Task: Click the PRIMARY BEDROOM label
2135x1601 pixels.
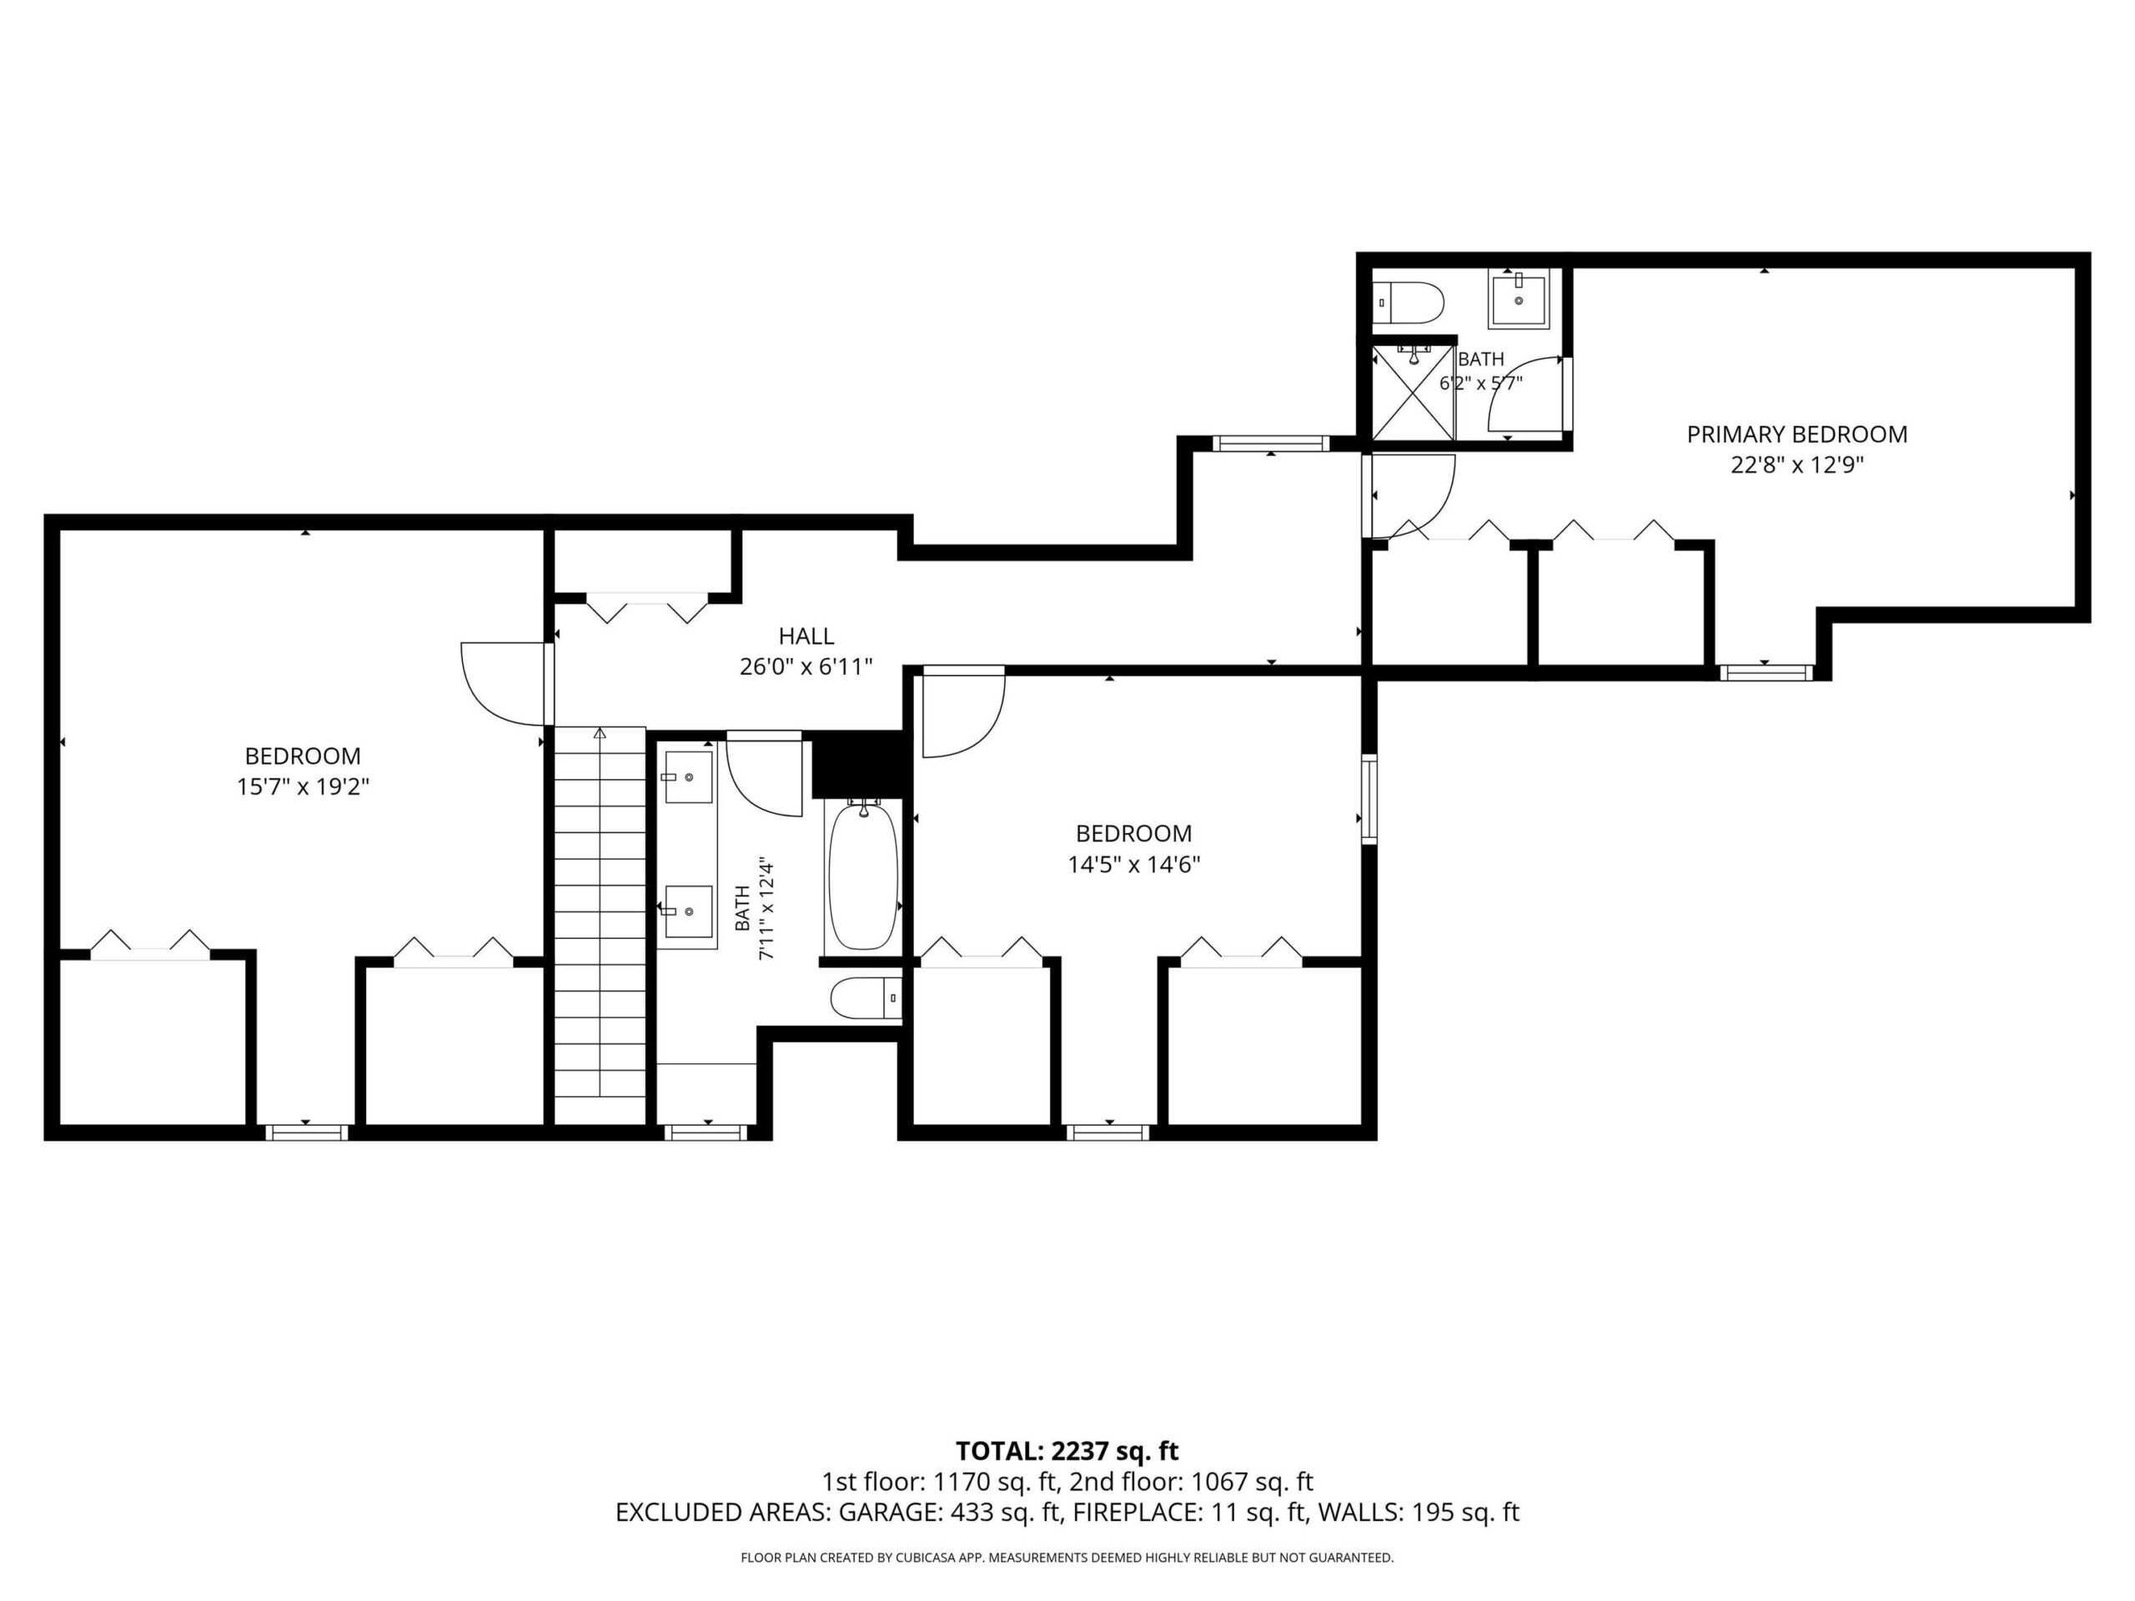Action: [1796, 434]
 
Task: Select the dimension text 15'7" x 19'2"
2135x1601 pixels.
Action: [303, 786]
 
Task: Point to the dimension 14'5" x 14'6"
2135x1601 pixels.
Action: [1133, 864]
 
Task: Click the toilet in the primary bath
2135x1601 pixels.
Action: [1409, 302]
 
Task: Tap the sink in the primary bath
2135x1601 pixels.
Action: [1518, 300]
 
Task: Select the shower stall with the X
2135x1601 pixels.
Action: [1413, 392]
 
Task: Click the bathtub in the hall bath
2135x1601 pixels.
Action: [863, 876]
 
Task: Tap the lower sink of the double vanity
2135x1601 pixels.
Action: [688, 911]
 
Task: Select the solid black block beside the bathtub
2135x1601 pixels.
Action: [857, 765]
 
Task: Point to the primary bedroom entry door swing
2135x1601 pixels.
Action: [1411, 496]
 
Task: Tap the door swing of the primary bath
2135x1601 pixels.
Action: [1526, 393]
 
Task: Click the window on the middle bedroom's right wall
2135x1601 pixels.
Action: [1369, 800]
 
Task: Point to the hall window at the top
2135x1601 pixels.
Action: [1270, 444]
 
